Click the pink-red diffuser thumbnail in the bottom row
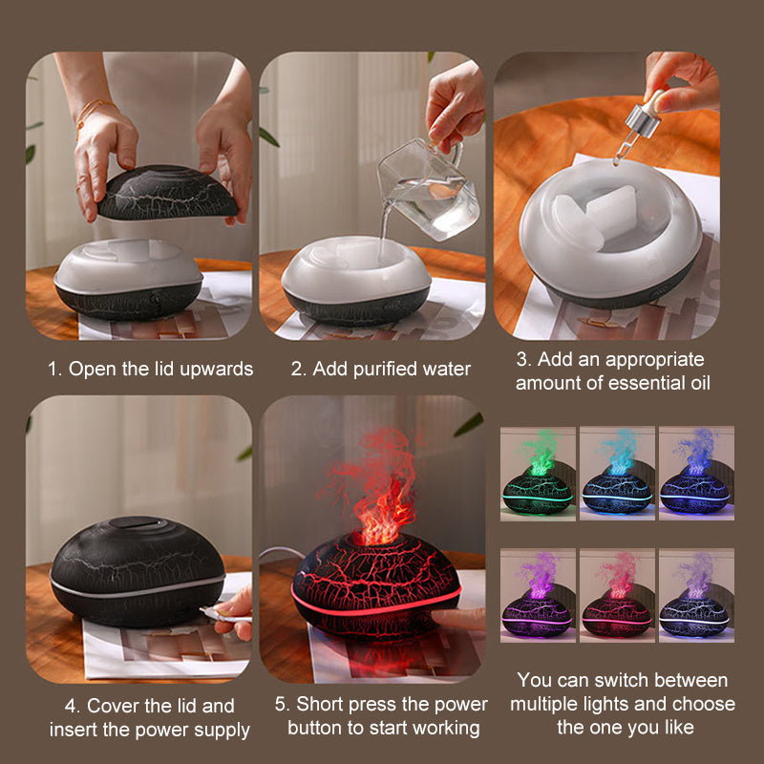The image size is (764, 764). pyautogui.click(x=617, y=598)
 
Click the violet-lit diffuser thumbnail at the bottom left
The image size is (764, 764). pyautogui.click(x=538, y=598)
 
